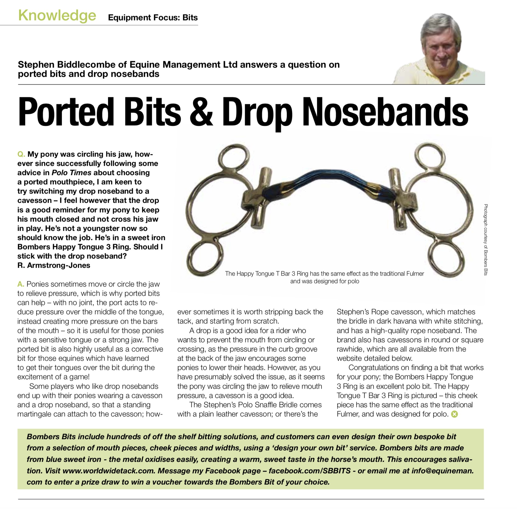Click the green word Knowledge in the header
tap(57, 16)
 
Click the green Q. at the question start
tap(21, 154)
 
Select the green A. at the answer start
tap(21, 284)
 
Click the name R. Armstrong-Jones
tap(54, 265)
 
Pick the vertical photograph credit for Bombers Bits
tap(486, 240)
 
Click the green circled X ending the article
tap(455, 414)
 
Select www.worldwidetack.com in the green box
tap(109, 471)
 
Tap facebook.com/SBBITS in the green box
tap(309, 471)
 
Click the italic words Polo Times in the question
tap(72, 173)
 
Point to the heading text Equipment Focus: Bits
tap(153, 18)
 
